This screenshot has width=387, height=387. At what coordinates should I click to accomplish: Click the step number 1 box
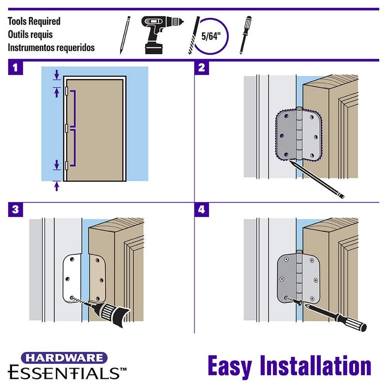(x=15, y=67)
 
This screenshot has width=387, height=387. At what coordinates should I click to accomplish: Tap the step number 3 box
(x=15, y=209)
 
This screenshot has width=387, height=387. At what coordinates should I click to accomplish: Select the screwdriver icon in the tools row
(x=245, y=35)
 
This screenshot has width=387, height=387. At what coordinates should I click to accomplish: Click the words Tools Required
(x=34, y=22)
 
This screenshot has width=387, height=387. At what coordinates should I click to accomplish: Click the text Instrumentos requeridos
(x=51, y=47)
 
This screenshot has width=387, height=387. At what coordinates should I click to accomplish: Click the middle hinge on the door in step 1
(x=66, y=128)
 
